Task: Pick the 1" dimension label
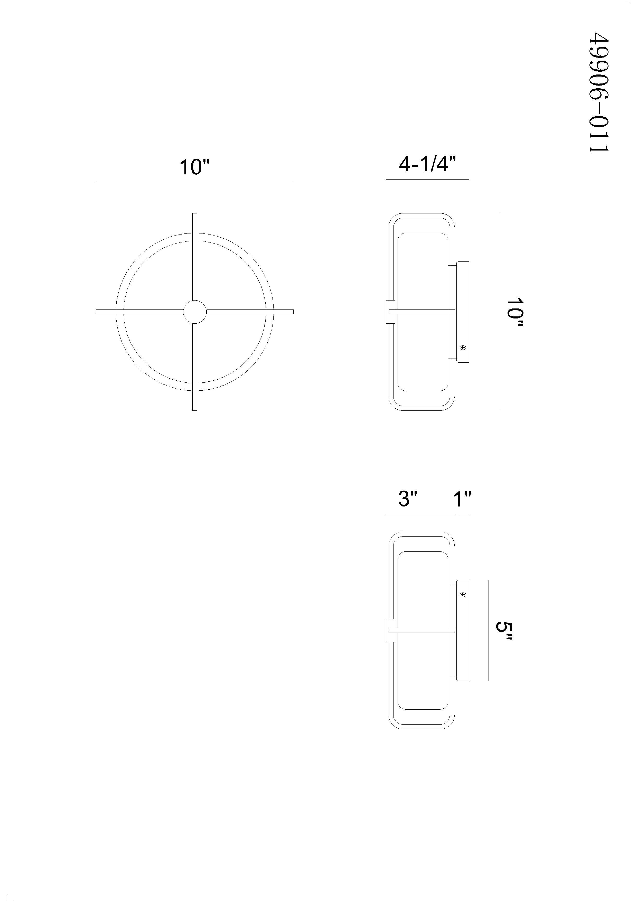(462, 499)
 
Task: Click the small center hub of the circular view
(195, 312)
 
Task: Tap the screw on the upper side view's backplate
(463, 348)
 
